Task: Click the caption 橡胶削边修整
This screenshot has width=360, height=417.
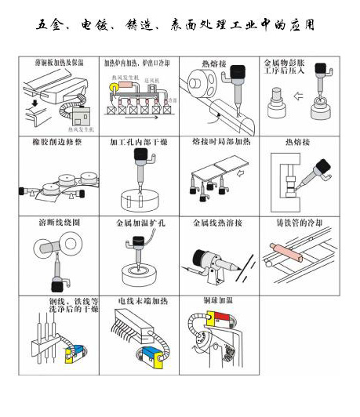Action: point(54,143)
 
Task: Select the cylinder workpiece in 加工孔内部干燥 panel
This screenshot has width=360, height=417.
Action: point(138,196)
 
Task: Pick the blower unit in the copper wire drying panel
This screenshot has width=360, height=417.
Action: point(78,351)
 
